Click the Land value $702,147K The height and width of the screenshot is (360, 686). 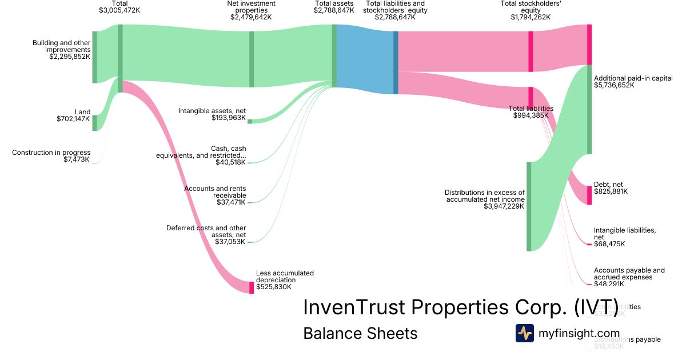[73, 119]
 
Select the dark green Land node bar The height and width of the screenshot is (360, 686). [95, 123]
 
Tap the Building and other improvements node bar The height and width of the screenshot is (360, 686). [95, 57]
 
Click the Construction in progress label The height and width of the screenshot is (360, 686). [51, 153]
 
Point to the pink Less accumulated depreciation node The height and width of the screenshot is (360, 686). [251, 287]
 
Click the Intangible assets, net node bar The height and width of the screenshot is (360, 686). [250, 121]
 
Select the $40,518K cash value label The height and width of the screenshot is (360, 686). [230, 162]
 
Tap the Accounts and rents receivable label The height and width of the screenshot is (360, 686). [215, 191]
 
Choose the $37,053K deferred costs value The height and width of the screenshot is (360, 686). [230, 242]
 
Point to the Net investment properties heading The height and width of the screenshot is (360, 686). [251, 7]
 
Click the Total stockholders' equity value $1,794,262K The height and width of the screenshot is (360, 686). [531, 17]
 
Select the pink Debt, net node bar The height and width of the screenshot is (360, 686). [589, 195]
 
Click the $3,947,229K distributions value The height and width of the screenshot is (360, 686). [504, 206]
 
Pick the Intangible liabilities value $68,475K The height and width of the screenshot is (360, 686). [609, 244]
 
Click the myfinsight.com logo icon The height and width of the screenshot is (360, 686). [524, 333]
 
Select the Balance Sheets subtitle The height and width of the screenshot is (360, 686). [360, 333]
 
